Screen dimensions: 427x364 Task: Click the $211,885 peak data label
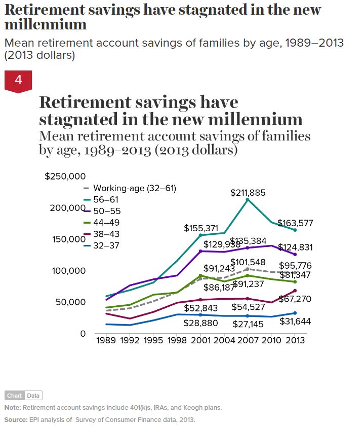(248, 193)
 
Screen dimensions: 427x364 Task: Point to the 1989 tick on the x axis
(107, 340)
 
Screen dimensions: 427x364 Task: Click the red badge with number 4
(18, 81)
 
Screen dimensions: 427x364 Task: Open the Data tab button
(33, 396)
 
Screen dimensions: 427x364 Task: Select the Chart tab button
(14, 396)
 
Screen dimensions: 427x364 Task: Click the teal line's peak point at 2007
(247, 200)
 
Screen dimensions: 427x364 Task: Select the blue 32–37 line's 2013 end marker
(295, 313)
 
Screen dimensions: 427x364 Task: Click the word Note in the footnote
(12, 408)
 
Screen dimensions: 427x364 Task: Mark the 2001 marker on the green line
(200, 275)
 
